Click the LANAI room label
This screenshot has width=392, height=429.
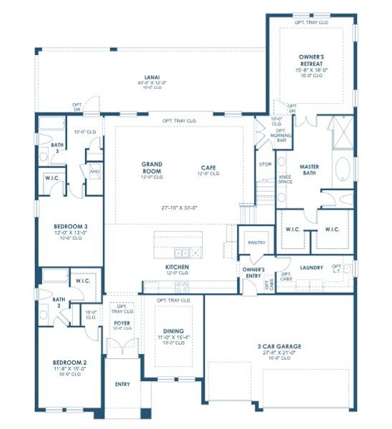(x=151, y=77)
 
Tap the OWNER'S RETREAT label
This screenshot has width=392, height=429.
(x=313, y=58)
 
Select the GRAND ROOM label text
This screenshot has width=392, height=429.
(x=151, y=167)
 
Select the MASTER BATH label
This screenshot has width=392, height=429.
(x=309, y=170)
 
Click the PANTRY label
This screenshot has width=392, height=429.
(x=256, y=242)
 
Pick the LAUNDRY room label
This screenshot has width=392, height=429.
(x=312, y=267)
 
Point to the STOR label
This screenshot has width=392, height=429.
(x=266, y=164)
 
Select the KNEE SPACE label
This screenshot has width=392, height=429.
(x=285, y=179)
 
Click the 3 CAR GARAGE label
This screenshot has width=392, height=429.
(x=279, y=347)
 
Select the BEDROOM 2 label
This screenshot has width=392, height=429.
(x=69, y=363)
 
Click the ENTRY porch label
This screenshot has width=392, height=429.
(x=122, y=385)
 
